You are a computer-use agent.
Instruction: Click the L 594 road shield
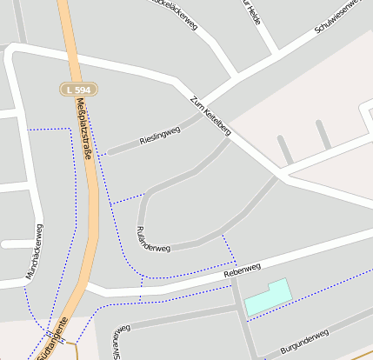(79, 89)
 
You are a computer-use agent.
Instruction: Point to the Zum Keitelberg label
(210, 115)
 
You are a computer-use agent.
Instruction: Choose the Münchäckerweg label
(35, 254)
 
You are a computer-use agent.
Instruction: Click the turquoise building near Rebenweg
(266, 298)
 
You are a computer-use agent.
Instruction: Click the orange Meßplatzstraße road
(90, 217)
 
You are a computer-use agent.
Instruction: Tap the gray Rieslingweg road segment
(130, 149)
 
